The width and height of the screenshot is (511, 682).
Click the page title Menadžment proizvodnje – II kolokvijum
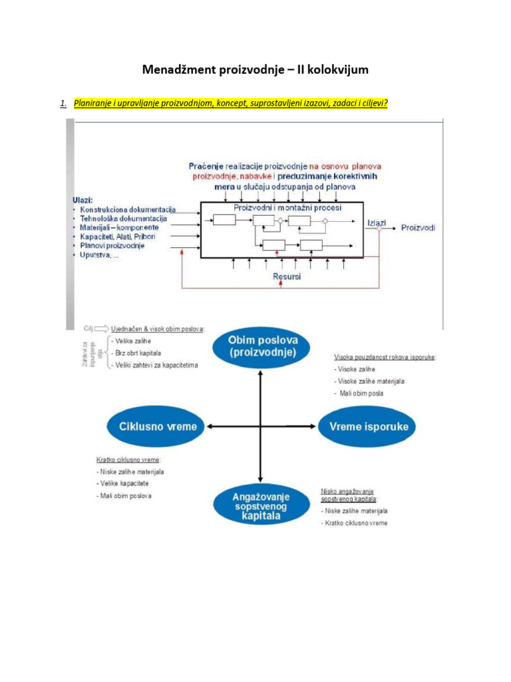click(x=255, y=71)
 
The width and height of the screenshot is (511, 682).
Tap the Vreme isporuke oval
click(x=363, y=426)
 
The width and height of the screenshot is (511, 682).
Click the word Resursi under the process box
click(x=287, y=275)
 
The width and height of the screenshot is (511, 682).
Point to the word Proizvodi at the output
click(x=419, y=228)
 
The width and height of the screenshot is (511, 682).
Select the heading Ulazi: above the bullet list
click(x=83, y=200)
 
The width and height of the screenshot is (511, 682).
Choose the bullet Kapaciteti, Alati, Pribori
click(x=118, y=236)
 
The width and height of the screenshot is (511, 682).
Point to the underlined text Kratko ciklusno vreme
click(x=128, y=460)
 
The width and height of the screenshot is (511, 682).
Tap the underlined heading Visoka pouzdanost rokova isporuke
click(x=385, y=357)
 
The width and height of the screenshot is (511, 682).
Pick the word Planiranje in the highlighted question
click(x=92, y=103)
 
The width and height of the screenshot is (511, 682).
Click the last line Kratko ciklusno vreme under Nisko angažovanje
click(x=356, y=523)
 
